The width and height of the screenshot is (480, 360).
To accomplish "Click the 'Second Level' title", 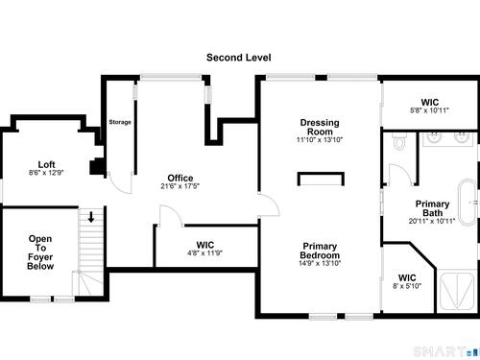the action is pos(239,58).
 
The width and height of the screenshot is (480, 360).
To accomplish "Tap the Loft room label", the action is pos(46,164).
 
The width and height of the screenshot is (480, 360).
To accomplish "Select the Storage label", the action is pos(120,122).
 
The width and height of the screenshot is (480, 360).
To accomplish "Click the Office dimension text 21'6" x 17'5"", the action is pos(180,186).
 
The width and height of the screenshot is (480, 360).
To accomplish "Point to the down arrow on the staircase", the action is pos(91,217).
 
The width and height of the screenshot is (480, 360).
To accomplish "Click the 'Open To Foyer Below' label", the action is pos(40,252).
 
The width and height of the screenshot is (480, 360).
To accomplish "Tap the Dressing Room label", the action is pos(320,127).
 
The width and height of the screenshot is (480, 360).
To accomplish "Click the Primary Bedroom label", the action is pos(320,251).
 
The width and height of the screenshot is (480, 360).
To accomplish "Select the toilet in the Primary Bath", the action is pos(399,141).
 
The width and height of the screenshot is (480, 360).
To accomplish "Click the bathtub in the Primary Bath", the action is pos(468,203).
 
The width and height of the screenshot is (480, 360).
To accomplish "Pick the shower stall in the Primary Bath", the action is pos(457,291).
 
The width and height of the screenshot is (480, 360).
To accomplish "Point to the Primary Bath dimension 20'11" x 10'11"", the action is pos(432,221).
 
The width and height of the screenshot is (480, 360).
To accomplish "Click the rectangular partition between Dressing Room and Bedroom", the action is pos(321,179).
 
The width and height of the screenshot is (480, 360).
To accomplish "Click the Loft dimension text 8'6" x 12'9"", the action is pos(46,173).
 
